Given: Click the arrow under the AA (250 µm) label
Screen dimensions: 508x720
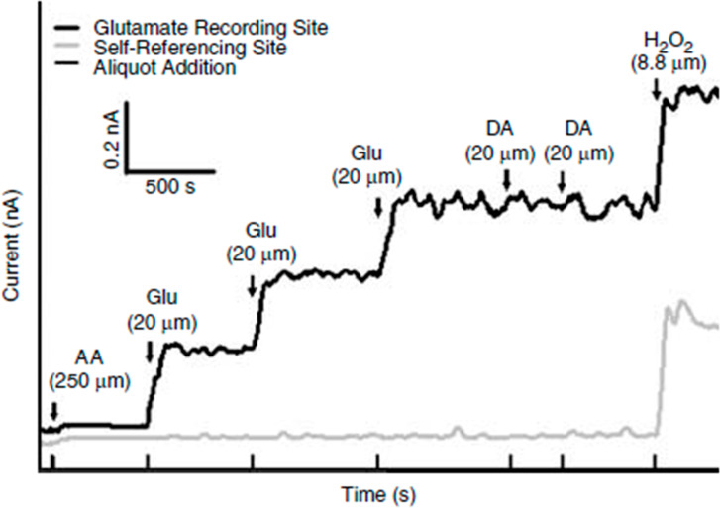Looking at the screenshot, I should click(x=54, y=408).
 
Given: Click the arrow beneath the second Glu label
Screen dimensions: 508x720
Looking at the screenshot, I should click(x=253, y=284).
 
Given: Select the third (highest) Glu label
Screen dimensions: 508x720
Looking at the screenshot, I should click(x=366, y=156).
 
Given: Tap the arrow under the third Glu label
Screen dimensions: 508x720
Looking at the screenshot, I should click(x=377, y=206).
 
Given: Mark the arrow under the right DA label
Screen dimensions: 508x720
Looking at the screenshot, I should click(x=562, y=180).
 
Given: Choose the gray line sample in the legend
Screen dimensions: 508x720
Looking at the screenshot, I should click(x=71, y=45).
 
